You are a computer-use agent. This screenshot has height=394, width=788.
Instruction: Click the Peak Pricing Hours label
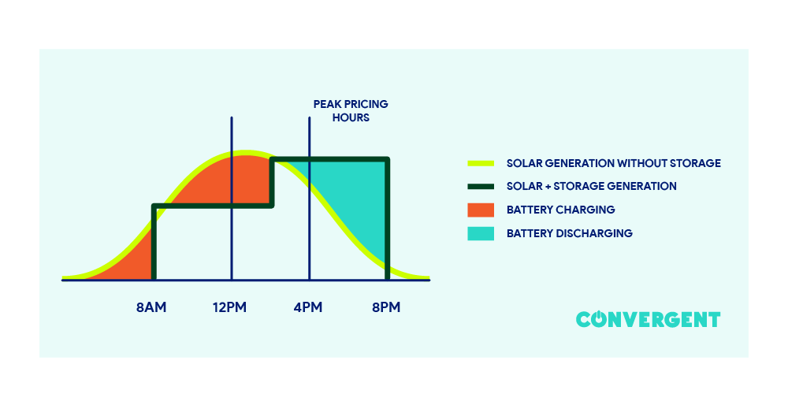[351, 111]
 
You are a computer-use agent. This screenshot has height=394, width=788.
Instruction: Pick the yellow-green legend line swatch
[480, 164]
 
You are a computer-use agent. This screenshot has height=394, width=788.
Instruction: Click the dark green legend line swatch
[480, 187]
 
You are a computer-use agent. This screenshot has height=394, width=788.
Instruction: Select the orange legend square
[480, 210]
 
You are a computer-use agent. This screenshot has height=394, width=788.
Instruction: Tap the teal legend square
[480, 233]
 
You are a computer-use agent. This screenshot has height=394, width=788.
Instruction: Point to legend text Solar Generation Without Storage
[613, 164]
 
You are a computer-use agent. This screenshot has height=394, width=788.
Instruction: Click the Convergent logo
[648, 319]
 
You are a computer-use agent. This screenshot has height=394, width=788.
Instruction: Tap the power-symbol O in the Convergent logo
[602, 319]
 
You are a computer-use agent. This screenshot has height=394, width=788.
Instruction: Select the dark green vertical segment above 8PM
[387, 221]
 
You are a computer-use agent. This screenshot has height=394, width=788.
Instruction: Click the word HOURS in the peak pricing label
[351, 118]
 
